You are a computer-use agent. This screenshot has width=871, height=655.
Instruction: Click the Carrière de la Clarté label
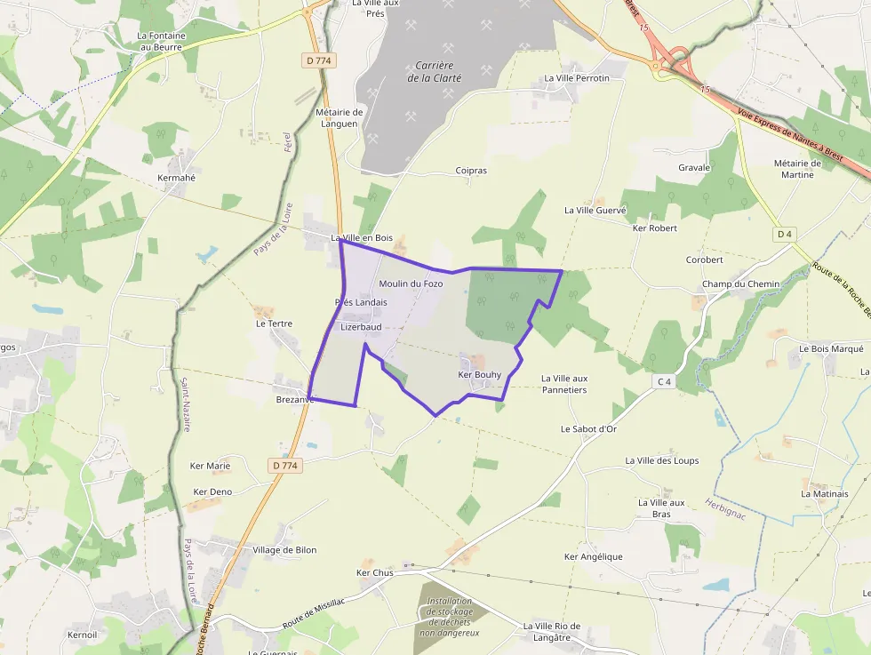[x=435, y=72]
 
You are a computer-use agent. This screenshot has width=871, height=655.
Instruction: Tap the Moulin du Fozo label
[x=411, y=284]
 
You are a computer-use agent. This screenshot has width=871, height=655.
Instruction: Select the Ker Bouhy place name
[x=480, y=375]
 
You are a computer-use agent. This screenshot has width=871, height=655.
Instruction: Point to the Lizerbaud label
[x=361, y=327]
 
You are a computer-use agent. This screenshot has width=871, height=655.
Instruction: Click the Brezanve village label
[x=295, y=400]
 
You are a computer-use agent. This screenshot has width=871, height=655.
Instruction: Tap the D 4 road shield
[x=783, y=235]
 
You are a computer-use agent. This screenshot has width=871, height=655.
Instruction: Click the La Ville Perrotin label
[x=577, y=78]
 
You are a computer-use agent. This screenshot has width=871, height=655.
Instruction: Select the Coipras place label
[x=471, y=171]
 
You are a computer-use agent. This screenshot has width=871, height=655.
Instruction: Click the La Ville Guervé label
[x=595, y=211]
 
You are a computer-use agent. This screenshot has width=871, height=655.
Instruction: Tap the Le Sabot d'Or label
[x=588, y=428]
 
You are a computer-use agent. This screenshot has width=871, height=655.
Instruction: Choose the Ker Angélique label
[x=594, y=557]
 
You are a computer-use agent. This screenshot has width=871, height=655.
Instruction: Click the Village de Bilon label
[x=284, y=550]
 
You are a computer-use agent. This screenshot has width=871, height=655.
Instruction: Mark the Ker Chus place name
[x=374, y=573]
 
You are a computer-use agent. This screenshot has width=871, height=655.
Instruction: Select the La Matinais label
[x=825, y=494]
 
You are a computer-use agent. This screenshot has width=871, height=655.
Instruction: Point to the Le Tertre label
[x=274, y=324]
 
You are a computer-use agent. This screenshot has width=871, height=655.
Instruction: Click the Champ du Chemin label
[x=740, y=284]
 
